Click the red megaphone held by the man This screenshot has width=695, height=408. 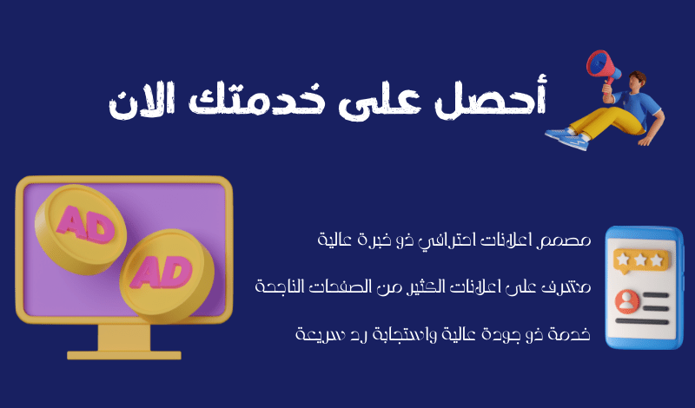pos(604,68)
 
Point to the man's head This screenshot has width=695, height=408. pos(637,81)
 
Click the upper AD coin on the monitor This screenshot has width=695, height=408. pos(81,229)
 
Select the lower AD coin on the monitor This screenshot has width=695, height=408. pos(167,274)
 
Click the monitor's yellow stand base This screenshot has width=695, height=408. pos(124,355)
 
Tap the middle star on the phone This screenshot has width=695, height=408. pos(640,260)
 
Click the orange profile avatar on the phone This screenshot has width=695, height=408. pos(626,301)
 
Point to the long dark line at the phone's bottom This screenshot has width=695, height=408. pos(641,321)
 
